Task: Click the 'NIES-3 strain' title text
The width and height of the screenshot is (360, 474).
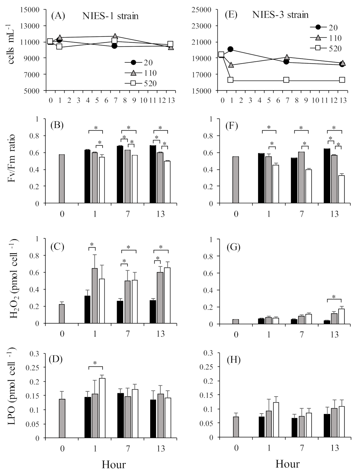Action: coord(280,15)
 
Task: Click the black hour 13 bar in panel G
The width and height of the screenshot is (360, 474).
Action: coord(327,322)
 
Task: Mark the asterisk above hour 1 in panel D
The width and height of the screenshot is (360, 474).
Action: coord(95,363)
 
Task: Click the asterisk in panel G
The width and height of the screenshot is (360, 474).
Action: coord(334,297)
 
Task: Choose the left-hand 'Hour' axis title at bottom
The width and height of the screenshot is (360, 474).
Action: coord(114,464)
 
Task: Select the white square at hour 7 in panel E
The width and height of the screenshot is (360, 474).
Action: coord(286,80)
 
